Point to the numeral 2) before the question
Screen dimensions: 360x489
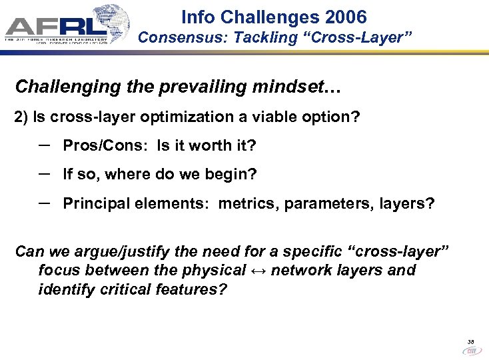[x=21, y=117]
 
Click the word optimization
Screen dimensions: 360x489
[x=159, y=117]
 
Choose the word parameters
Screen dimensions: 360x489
[x=326, y=203]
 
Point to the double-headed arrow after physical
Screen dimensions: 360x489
[x=258, y=271]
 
